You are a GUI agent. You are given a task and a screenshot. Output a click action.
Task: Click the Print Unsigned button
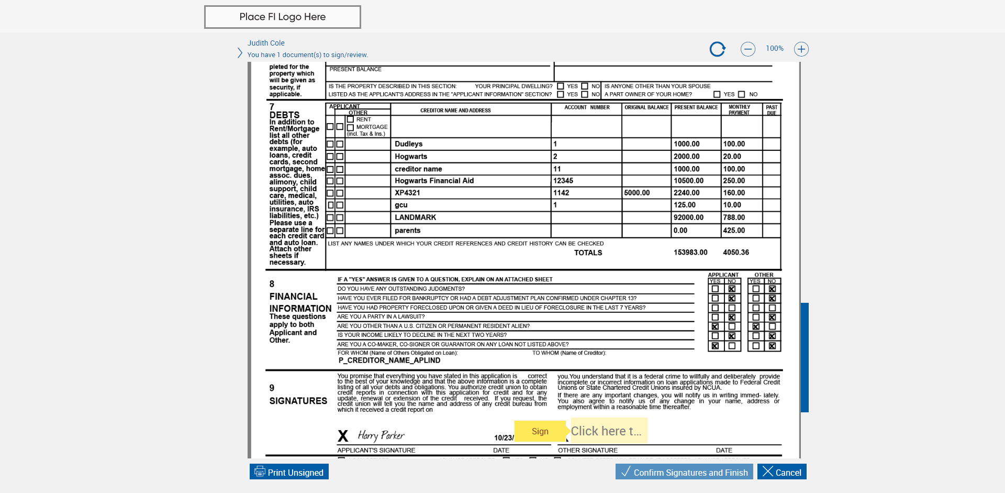(289, 472)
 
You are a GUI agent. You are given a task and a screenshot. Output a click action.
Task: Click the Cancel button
(782, 472)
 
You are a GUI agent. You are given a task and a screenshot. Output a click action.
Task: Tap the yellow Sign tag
(540, 431)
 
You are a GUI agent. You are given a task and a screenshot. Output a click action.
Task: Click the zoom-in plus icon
(801, 49)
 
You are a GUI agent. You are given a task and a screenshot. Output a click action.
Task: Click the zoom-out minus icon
(747, 49)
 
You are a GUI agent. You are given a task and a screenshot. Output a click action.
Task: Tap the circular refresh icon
(717, 49)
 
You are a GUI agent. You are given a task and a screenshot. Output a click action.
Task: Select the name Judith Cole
(266, 43)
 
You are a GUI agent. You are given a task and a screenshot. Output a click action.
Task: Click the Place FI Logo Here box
(282, 17)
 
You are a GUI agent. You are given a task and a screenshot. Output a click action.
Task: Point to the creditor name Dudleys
(408, 144)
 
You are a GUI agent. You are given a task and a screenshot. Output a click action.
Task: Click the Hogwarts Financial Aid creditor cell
(434, 181)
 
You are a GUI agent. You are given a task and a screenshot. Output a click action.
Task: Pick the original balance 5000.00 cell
(636, 193)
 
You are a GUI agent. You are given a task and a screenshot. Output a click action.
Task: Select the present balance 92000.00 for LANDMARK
(688, 217)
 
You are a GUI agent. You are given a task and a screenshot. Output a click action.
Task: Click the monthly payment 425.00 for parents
(734, 231)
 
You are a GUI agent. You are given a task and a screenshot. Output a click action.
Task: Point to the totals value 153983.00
(690, 253)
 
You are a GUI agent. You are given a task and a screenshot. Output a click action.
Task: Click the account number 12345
(563, 181)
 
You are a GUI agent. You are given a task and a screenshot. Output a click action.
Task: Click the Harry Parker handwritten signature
(381, 435)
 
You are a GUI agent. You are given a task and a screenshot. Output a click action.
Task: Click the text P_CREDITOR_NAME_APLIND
(389, 360)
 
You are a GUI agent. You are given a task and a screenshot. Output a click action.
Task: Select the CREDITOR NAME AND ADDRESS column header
(455, 111)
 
